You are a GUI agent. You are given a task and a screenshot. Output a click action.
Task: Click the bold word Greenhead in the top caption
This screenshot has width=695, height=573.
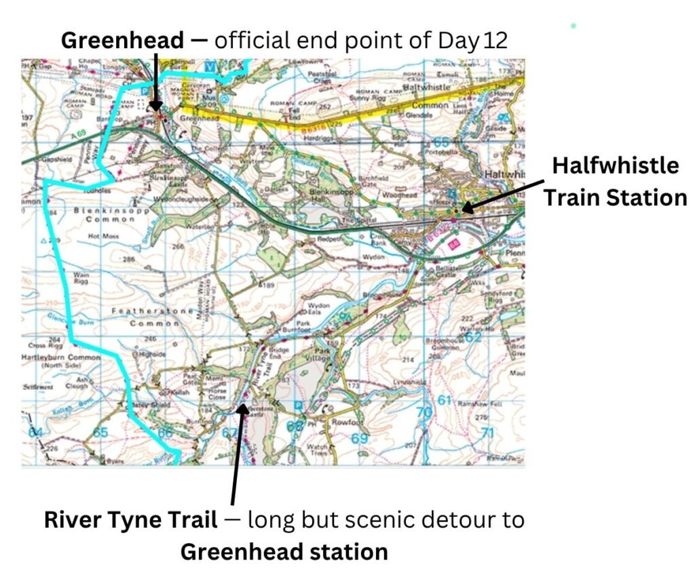pos(122,40)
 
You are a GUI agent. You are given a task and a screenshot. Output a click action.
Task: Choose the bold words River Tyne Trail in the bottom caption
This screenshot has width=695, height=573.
pos(131,520)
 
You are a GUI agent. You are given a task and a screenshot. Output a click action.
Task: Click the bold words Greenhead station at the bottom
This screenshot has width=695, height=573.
pos(284,551)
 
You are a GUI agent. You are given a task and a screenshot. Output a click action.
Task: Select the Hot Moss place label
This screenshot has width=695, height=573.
pos(103,237)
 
